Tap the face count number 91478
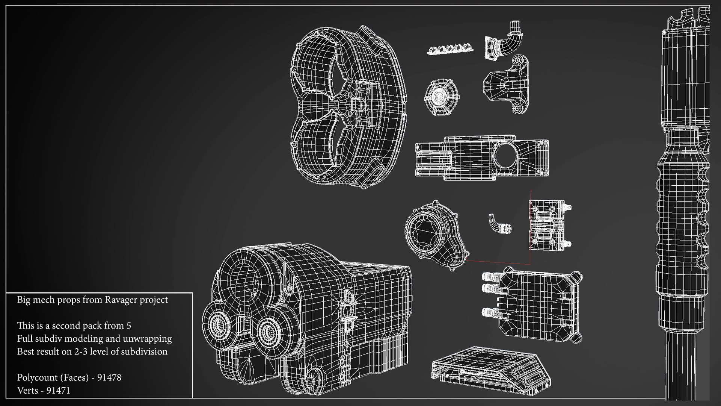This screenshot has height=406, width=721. coord(109,377)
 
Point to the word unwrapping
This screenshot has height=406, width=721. coord(151,339)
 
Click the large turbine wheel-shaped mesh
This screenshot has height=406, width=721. coord(347,107)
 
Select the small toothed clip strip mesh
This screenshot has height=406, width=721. coord(450,49)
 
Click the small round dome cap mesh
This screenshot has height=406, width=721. coord(442,97)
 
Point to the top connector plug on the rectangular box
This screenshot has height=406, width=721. coord(489,277)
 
